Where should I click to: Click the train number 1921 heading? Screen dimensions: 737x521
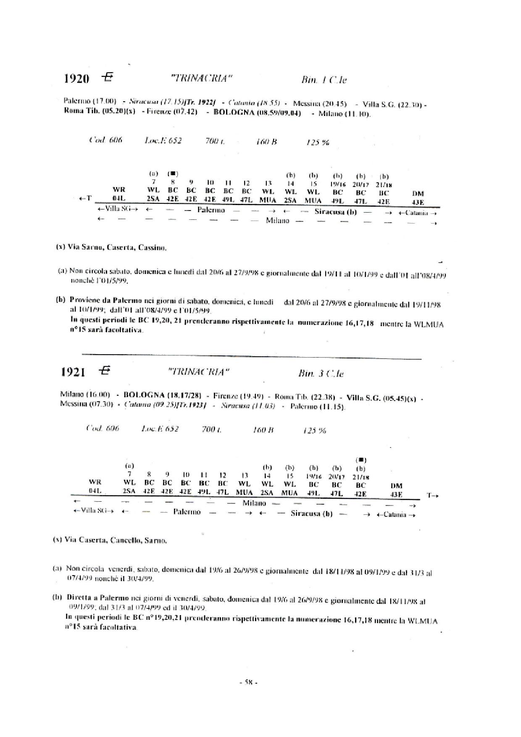click(73, 372)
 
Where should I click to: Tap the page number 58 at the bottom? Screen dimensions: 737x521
click(248, 682)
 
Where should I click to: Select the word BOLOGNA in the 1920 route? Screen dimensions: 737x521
click(234, 113)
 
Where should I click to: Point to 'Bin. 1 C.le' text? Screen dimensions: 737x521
click(324, 80)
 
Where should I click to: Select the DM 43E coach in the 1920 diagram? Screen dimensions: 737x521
click(418, 198)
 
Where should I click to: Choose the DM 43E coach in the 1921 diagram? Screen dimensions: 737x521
click(396, 490)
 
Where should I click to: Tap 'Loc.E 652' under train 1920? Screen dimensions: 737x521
click(163, 141)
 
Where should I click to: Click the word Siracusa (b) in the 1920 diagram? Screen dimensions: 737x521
click(335, 212)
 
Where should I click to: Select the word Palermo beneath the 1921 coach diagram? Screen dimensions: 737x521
click(187, 512)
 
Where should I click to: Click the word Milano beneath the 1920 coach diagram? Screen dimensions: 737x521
click(277, 221)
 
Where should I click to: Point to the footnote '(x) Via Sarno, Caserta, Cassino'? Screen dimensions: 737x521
click(111, 247)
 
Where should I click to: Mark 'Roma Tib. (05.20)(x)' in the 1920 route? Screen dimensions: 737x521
click(100, 113)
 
